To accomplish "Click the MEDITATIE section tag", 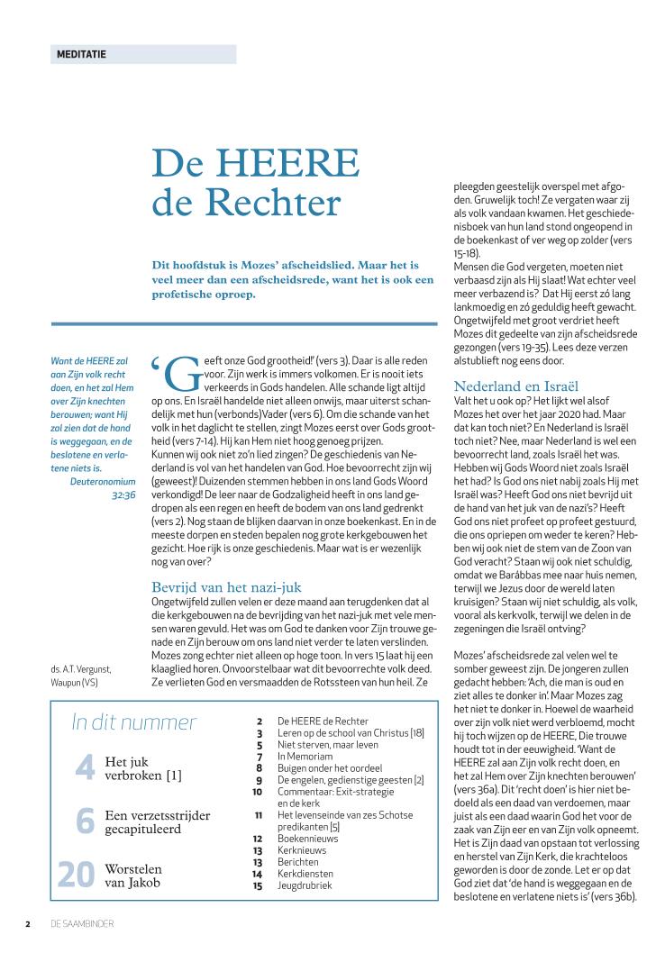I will coord(81,54).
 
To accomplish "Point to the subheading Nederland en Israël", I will coord(516,386).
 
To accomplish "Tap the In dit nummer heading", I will coord(133,722).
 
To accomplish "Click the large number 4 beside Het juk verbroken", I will coord(85,768).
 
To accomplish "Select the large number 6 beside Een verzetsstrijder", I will coord(85,821).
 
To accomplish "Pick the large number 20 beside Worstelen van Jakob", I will coord(77,875).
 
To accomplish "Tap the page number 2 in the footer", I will coord(28,923).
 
